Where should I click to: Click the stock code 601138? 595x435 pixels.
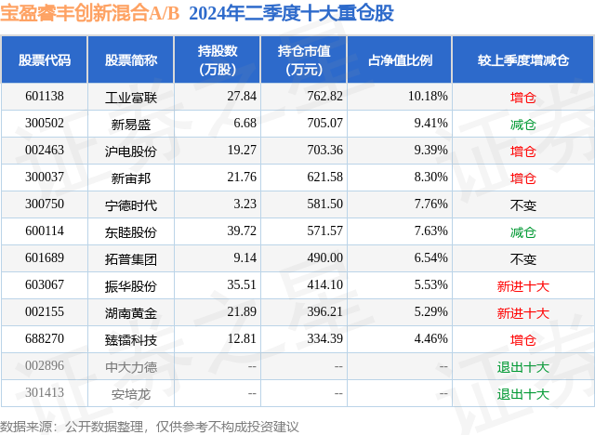pyautogui.click(x=45, y=96)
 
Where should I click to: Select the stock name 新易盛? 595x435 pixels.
pyautogui.click(x=130, y=124)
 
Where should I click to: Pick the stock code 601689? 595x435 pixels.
pyautogui.click(x=45, y=258)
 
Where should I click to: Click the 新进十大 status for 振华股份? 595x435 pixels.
pyautogui.click(x=522, y=286)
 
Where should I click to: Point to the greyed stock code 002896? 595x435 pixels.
pyautogui.click(x=45, y=366)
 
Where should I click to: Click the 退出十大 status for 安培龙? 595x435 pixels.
pyautogui.click(x=522, y=393)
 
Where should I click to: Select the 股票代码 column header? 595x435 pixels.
pyautogui.click(x=45, y=60)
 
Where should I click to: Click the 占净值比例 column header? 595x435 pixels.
pyautogui.click(x=406, y=60)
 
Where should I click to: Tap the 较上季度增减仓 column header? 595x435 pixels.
pyautogui.click(x=523, y=60)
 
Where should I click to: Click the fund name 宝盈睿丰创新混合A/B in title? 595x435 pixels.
pyautogui.click(x=89, y=13)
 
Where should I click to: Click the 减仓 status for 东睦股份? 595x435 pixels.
pyautogui.click(x=522, y=231)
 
